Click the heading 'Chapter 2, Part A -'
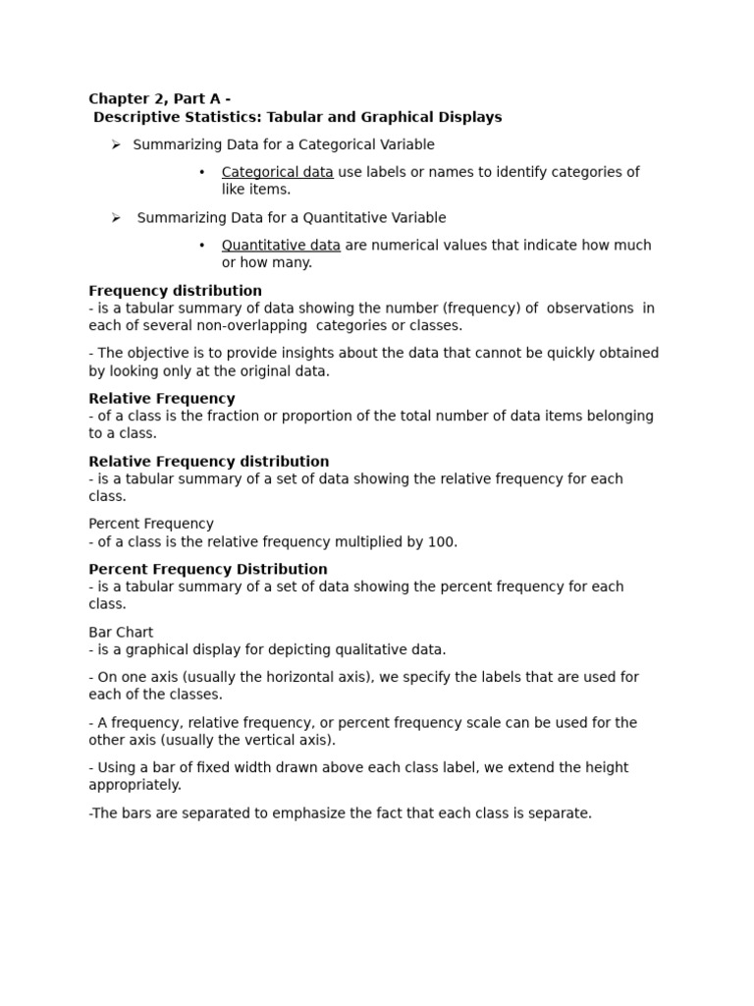tap(159, 98)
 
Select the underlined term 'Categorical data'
tap(277, 172)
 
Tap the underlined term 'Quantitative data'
tap(281, 245)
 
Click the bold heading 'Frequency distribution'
tap(175, 291)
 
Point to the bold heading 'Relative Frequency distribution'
tap(208, 462)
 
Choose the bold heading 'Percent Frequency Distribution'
tap(208, 569)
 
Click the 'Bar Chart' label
tap(121, 632)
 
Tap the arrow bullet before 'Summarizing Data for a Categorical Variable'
tap(115, 144)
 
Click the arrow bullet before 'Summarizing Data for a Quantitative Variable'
tap(115, 217)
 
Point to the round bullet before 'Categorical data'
tap(201, 172)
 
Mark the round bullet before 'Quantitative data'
tap(201, 245)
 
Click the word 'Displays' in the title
tap(469, 117)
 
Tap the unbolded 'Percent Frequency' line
tap(151, 524)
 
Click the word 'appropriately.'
tap(135, 785)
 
